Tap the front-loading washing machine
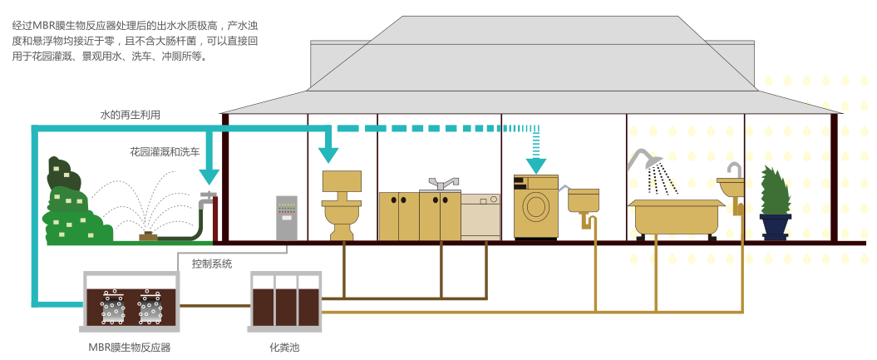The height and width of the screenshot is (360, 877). pyautogui.click(x=535, y=207)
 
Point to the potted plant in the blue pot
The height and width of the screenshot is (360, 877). pyautogui.click(x=775, y=204)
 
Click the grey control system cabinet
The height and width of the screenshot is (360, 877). pyautogui.click(x=286, y=217)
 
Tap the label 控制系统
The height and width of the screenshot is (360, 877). pyautogui.click(x=212, y=264)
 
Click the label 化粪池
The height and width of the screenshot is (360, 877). pyautogui.click(x=284, y=347)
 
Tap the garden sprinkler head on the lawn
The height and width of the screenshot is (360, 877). pyautogui.click(x=149, y=236)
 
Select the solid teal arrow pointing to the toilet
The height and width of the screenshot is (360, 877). pyautogui.click(x=330, y=146)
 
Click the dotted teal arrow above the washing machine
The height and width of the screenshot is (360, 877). pyautogui.click(x=536, y=154)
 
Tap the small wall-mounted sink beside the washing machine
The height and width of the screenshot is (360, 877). pyautogui.click(x=584, y=201)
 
